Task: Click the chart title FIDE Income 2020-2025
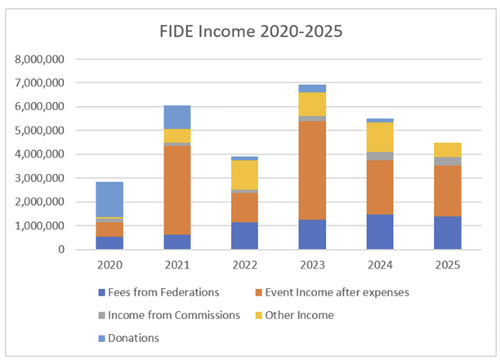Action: [251, 31]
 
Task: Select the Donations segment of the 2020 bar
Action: [109, 199]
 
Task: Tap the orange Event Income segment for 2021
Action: [177, 190]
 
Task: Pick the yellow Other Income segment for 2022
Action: [244, 175]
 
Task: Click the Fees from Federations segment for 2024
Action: [380, 232]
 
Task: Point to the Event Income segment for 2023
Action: [312, 171]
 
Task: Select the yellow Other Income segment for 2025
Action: [448, 149]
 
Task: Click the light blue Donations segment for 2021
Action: [177, 118]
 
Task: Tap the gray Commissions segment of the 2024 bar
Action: [380, 156]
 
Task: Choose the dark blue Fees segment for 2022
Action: [244, 235]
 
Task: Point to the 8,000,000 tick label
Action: [39, 60]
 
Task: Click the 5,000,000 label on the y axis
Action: [39, 131]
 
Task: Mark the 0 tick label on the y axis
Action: [61, 250]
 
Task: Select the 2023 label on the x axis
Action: [312, 264]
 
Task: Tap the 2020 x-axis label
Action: [109, 264]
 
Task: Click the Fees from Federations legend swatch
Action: [101, 292]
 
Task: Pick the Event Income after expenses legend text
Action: [337, 292]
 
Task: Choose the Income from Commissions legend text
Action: [174, 315]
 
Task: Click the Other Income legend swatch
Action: [259, 315]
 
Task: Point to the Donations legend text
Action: [134, 338]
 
